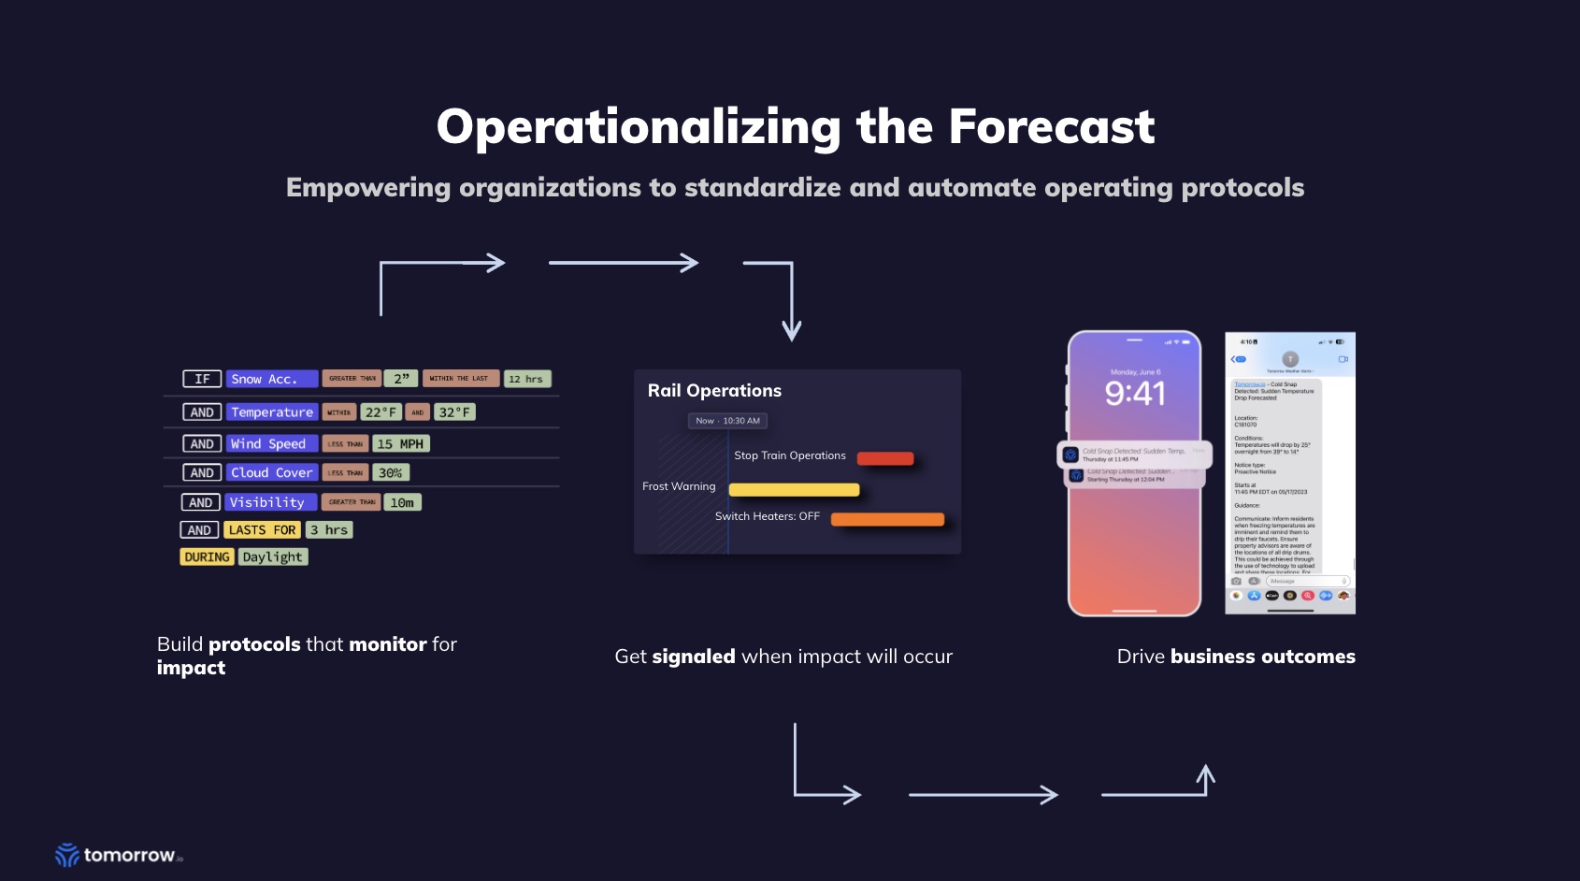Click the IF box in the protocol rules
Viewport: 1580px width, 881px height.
point(202,379)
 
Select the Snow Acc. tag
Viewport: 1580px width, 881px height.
point(271,379)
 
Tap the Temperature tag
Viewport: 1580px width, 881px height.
point(271,412)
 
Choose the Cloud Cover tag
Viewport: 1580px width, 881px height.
point(271,473)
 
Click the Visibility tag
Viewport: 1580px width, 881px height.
point(270,502)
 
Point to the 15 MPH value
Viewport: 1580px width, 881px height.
point(401,444)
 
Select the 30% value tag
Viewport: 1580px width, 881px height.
point(391,473)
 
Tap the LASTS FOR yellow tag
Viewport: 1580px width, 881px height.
point(262,530)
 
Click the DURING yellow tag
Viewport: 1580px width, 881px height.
point(207,557)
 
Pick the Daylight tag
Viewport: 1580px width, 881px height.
point(273,557)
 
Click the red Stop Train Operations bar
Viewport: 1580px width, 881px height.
point(884,458)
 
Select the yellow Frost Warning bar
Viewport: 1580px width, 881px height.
point(794,489)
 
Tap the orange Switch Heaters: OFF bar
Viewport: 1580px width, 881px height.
point(887,519)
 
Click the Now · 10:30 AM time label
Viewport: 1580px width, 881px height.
point(727,421)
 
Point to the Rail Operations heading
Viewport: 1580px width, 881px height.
point(714,391)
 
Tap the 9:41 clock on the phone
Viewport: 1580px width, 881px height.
point(1135,394)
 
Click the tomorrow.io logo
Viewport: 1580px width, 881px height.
point(118,855)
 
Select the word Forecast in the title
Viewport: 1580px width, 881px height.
point(1051,126)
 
